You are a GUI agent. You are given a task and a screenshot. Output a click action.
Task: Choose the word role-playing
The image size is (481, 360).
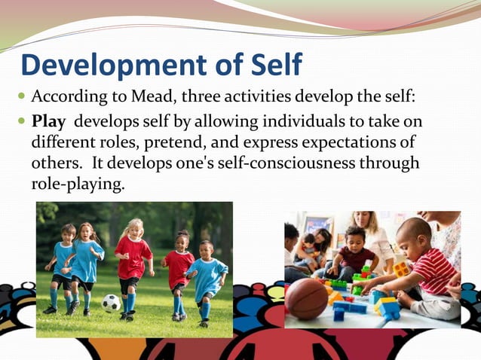76,183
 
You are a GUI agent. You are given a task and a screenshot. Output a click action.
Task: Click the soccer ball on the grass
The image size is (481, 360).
111,303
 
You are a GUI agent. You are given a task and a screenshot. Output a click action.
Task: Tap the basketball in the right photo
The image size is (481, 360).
307,299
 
